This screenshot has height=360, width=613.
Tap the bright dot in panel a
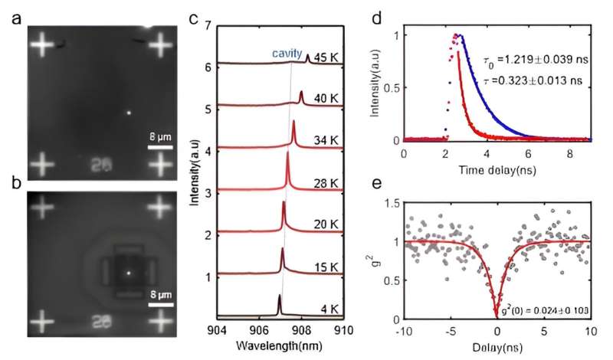(x=129, y=113)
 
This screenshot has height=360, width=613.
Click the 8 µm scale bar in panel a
(x=159, y=146)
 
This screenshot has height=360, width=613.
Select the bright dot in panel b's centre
(x=129, y=273)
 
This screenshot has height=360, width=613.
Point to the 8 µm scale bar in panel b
(x=159, y=306)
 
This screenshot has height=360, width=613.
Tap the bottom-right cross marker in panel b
(x=160, y=323)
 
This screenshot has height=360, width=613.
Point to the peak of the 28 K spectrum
(x=287, y=153)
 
